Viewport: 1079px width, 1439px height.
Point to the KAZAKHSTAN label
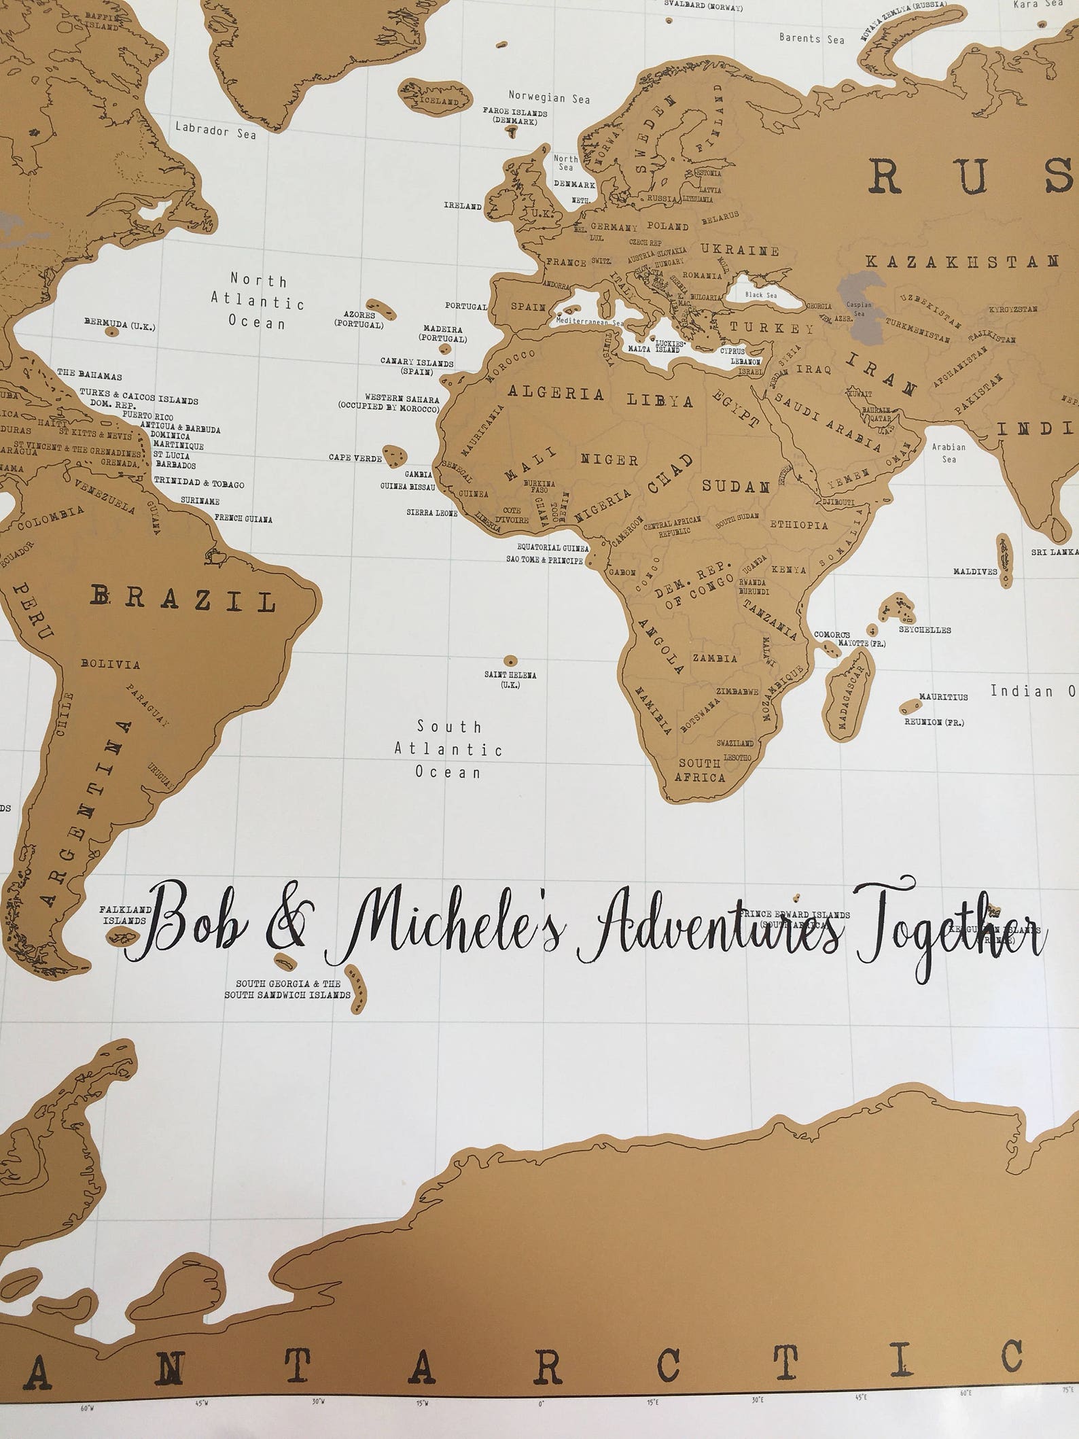coord(963,261)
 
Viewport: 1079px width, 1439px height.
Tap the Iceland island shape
coord(436,95)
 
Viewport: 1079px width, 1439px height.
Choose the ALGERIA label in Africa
coord(556,394)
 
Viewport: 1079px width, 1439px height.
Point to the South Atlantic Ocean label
coord(449,749)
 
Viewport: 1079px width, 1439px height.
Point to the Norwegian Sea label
coord(550,97)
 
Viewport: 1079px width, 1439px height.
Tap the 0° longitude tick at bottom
coord(542,1423)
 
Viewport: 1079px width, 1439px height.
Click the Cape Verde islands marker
coord(393,454)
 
